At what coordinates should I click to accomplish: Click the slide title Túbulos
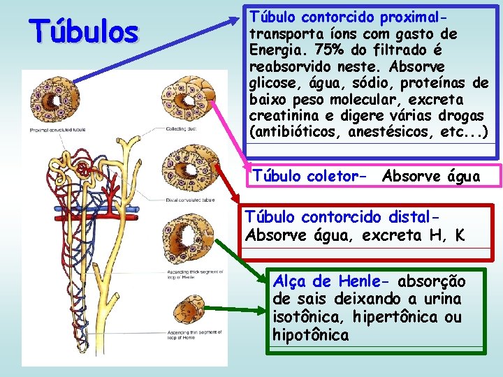coord(84,31)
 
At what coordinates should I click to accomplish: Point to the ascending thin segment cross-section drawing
coord(189,313)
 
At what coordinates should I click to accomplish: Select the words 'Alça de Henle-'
coord(333,281)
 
